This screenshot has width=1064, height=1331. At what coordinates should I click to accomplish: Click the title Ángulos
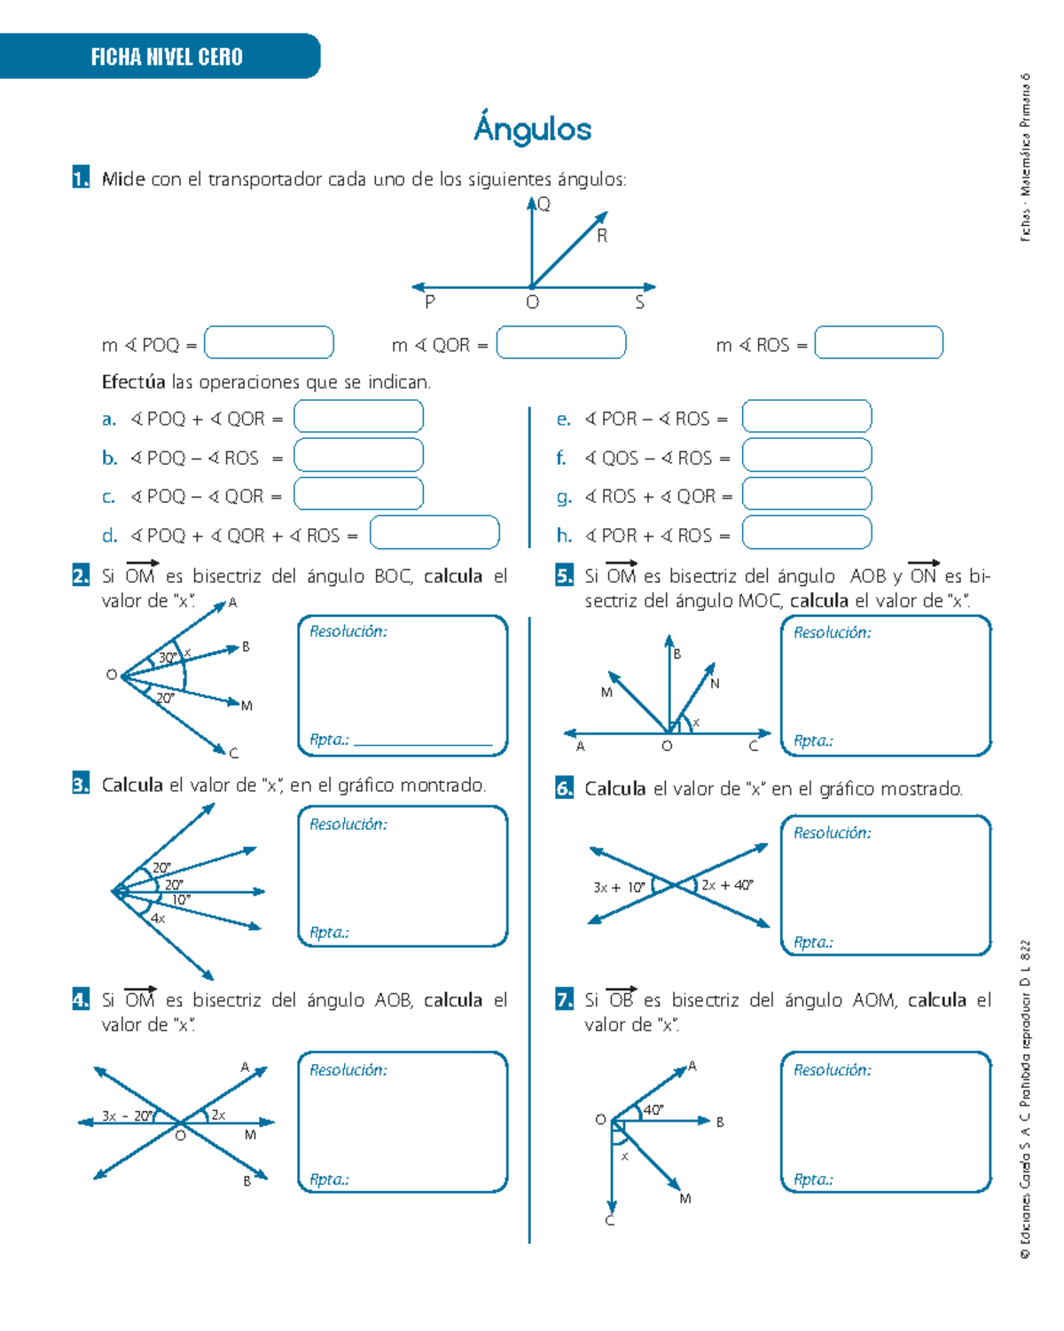(x=532, y=129)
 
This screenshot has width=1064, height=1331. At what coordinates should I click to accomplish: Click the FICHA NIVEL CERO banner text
(x=167, y=58)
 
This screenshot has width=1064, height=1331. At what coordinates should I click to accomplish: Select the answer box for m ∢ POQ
(x=269, y=343)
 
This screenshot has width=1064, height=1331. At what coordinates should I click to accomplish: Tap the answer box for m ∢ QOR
(x=560, y=343)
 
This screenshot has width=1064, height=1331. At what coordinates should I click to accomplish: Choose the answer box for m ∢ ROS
(x=879, y=343)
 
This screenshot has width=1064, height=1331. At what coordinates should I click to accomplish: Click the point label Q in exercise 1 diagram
(x=544, y=205)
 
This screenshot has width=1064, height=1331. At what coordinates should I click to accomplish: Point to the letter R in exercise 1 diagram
(x=602, y=237)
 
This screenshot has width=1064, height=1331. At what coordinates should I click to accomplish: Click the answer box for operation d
(x=434, y=533)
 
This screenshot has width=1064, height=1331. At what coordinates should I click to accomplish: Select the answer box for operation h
(x=806, y=533)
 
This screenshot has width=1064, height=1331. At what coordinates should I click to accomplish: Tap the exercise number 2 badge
(x=81, y=575)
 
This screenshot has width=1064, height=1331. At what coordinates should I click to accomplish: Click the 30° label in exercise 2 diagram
(x=168, y=658)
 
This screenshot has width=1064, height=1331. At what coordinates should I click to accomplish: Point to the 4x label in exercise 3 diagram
(x=158, y=919)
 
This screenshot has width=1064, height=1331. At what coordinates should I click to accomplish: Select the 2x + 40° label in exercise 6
(x=727, y=885)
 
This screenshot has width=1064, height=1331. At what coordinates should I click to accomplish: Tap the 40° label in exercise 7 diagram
(x=653, y=1109)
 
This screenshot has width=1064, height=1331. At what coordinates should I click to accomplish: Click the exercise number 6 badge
(x=564, y=788)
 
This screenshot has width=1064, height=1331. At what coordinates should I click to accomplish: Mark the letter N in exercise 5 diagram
(x=715, y=684)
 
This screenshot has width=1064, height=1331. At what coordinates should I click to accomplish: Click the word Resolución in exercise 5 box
(x=832, y=632)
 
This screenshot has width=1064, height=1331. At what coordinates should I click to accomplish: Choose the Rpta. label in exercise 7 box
(x=813, y=1179)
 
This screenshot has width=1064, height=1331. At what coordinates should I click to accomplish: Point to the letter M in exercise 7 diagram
(x=685, y=1199)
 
